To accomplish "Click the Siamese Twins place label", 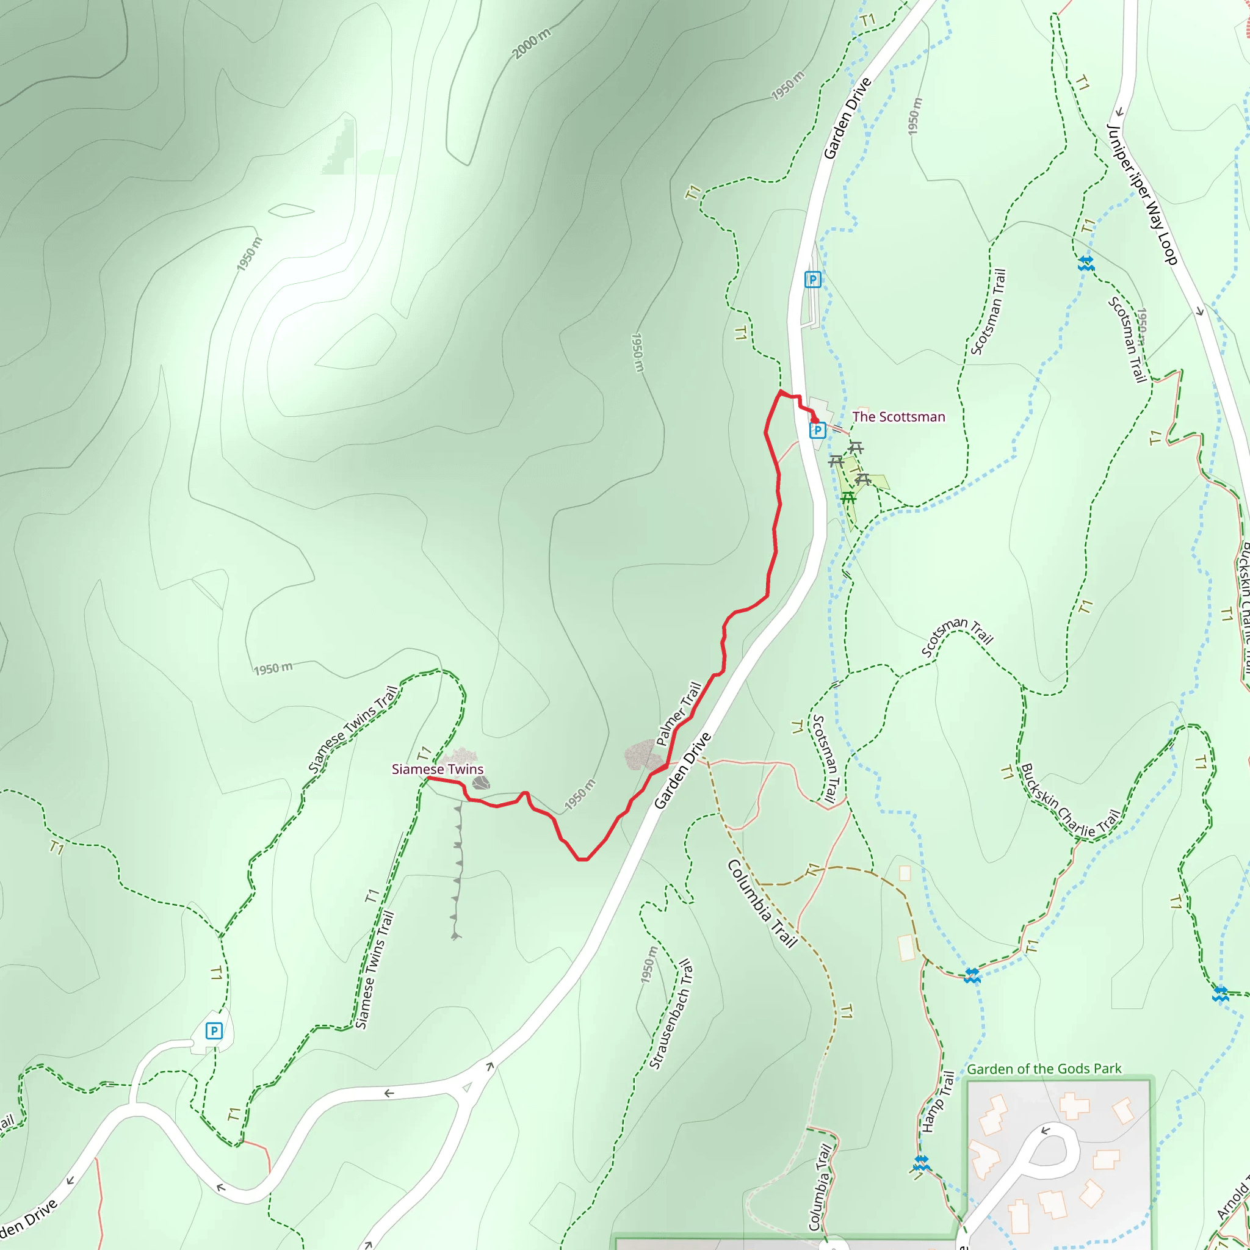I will tap(438, 769).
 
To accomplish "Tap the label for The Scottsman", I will tap(898, 417).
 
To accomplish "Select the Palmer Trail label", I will tap(678, 714).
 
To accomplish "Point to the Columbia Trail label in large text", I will tap(762, 903).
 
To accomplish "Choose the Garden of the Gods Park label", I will tap(1044, 1069).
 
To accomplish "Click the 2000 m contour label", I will tap(531, 44).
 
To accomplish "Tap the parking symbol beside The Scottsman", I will tap(817, 430).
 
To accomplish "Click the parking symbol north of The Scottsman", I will tap(812, 280).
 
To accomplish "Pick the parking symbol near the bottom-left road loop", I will tap(214, 1031).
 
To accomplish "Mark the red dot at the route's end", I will tap(815, 421).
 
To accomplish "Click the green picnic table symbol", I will tap(848, 497).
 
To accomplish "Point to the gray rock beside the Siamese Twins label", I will tap(481, 784).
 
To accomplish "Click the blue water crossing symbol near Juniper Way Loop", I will tap(1086, 263).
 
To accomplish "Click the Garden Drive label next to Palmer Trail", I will tap(682, 771).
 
